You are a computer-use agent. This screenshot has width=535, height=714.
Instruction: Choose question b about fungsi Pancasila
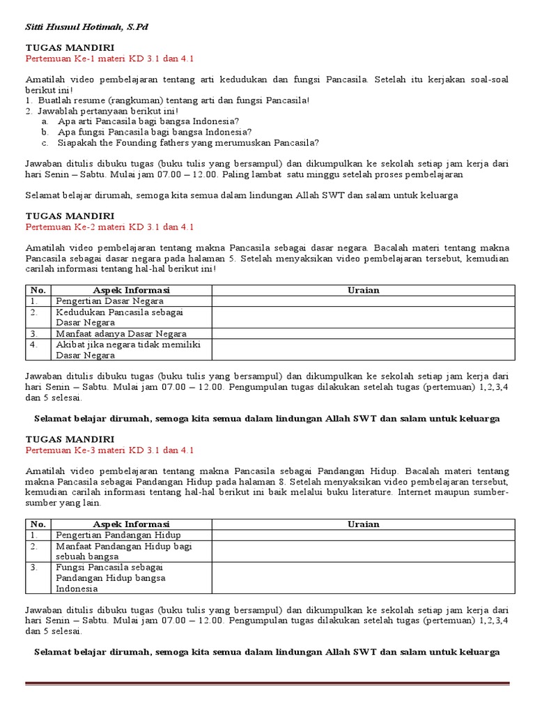tap(155, 132)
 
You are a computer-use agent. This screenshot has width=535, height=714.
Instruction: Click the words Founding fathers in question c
tap(162, 143)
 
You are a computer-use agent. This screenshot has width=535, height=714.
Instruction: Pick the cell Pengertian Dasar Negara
tap(110, 301)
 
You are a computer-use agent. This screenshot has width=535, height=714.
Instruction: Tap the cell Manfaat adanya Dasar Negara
tap(121, 334)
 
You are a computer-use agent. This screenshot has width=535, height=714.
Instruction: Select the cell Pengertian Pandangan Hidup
tap(118, 535)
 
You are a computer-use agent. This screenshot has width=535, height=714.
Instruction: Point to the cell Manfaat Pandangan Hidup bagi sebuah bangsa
tap(124, 551)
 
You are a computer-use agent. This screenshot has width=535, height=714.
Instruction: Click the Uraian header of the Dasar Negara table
tap(363, 290)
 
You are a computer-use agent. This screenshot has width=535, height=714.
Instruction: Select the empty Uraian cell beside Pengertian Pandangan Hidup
tap(363, 535)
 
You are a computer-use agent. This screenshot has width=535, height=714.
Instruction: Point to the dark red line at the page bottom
tap(267, 683)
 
